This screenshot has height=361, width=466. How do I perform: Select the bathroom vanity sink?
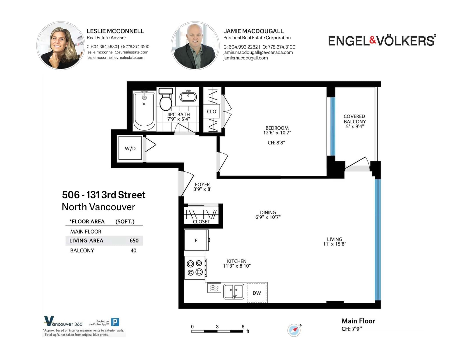point(188,96)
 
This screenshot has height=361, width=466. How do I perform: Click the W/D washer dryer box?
point(130,148)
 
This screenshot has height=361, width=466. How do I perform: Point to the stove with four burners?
point(195,268)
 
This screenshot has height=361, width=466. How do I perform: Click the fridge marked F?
point(196,240)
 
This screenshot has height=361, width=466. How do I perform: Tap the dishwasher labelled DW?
point(257,293)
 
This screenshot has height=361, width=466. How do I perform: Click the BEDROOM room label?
point(277,128)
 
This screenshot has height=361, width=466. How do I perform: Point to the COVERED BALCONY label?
point(354,119)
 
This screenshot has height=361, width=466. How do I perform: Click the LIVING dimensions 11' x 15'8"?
point(335,244)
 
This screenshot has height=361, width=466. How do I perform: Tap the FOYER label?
point(202,184)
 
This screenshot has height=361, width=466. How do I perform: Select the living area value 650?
point(134,241)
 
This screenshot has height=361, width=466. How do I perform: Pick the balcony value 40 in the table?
point(133,250)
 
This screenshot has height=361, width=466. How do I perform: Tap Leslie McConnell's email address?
point(117,52)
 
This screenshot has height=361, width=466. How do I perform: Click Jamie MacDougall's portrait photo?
point(195,45)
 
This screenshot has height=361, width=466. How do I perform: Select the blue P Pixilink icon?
point(115,322)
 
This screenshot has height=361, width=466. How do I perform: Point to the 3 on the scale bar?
point(217,326)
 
